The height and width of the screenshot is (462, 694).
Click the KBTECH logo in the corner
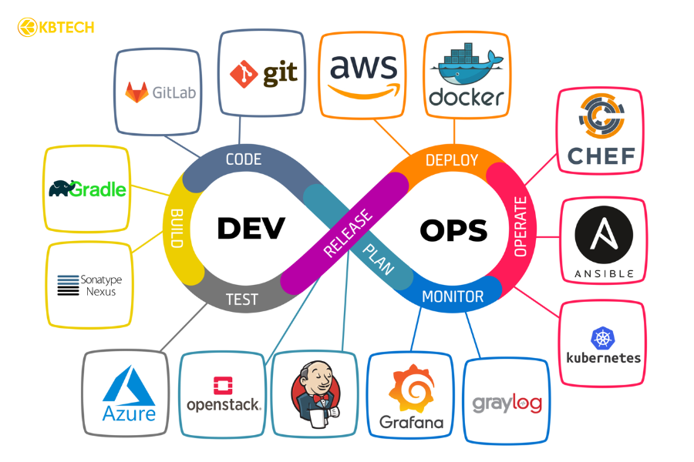point(55,28)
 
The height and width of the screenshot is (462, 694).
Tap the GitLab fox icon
point(137,93)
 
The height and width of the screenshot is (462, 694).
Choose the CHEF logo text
point(601,156)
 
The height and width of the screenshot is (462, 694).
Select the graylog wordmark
point(507,403)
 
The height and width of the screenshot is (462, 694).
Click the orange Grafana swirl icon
point(412,390)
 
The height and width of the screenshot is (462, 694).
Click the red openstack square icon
point(223,386)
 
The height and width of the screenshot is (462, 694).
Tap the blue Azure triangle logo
point(129,386)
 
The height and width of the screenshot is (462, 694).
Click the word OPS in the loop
point(453,229)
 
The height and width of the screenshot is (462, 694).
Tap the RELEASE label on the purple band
point(347,233)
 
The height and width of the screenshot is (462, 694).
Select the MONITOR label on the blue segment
point(453,296)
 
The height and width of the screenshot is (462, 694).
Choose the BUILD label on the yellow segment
point(176,228)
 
